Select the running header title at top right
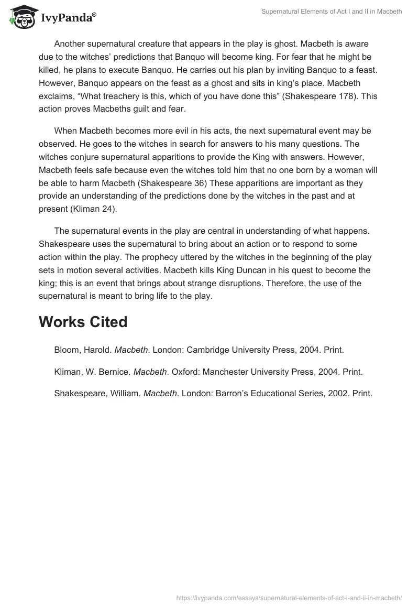pyautogui.click(x=332, y=12)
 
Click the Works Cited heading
pyautogui.click(x=83, y=322)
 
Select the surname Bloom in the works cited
pyautogui.click(x=67, y=350)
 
